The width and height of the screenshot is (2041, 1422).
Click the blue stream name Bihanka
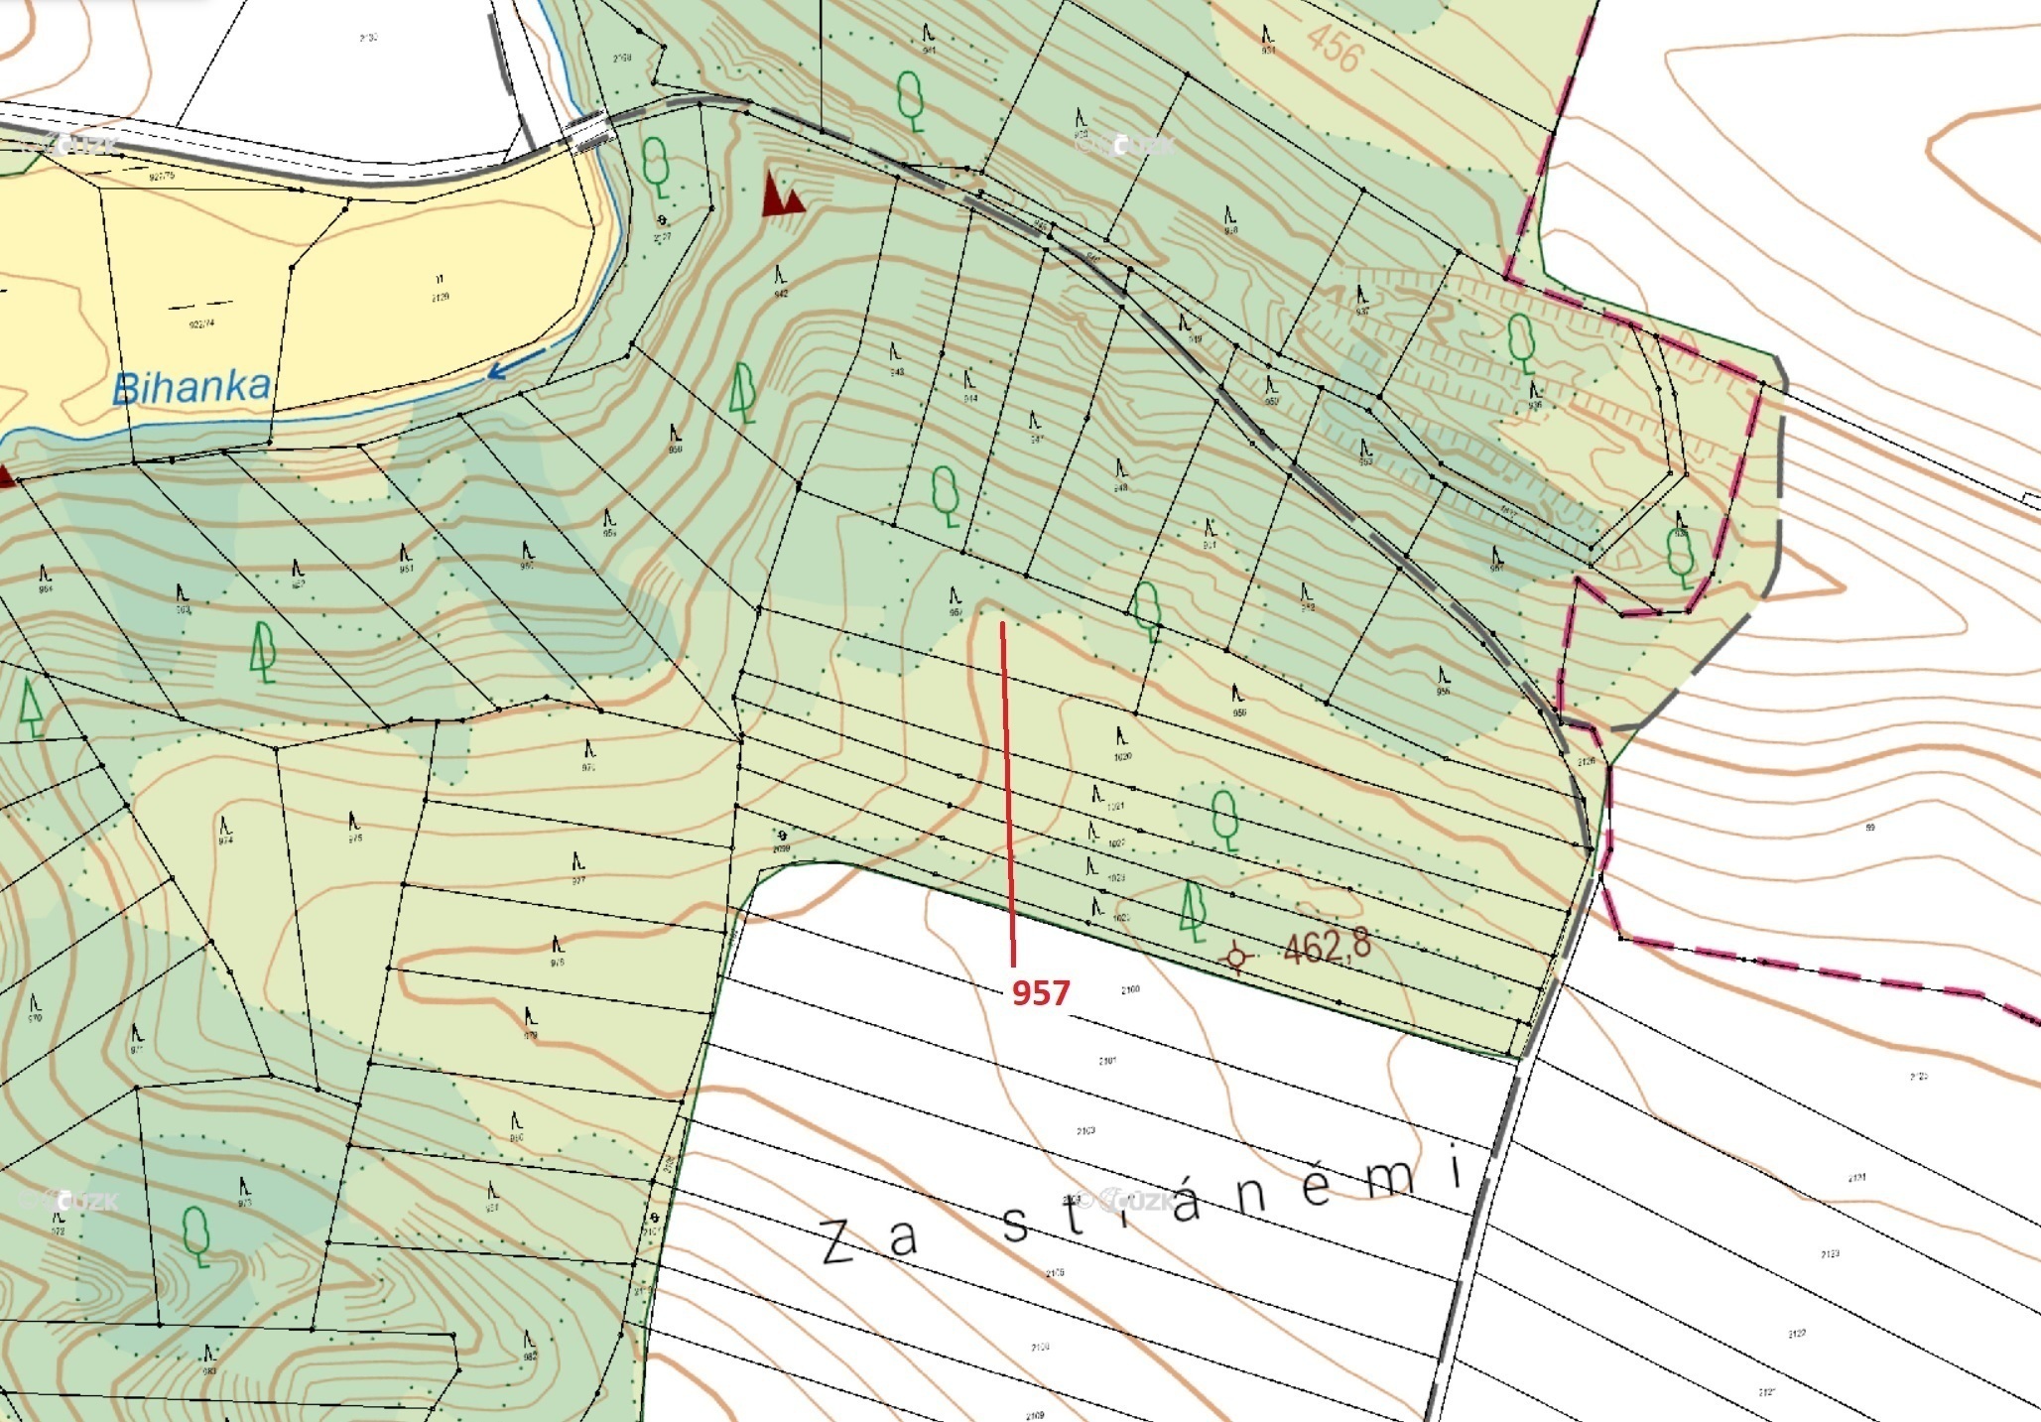point(191,387)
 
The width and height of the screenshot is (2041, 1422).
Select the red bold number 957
point(1040,992)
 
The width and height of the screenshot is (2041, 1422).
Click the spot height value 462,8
point(1327,946)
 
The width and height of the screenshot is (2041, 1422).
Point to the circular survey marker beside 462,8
point(1236,957)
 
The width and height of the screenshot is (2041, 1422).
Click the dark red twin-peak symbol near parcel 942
point(782,194)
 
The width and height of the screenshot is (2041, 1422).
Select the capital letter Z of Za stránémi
point(838,1242)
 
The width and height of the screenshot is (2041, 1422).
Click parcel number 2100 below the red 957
point(1130,989)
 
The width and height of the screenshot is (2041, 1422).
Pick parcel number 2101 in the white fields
point(1107,1061)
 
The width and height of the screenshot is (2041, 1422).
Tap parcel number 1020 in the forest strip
point(1122,757)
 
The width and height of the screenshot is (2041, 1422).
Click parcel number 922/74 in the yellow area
point(201,323)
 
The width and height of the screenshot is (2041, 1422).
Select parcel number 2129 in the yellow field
point(441,297)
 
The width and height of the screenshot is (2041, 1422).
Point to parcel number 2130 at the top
point(368,38)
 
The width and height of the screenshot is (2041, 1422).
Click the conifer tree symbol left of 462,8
point(1193,911)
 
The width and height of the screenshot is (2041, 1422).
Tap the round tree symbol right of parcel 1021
point(1224,819)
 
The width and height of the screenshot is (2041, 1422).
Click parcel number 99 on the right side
point(1870,827)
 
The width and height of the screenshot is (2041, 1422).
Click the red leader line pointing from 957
point(1007,794)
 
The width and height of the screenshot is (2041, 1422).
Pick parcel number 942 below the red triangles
point(781,294)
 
